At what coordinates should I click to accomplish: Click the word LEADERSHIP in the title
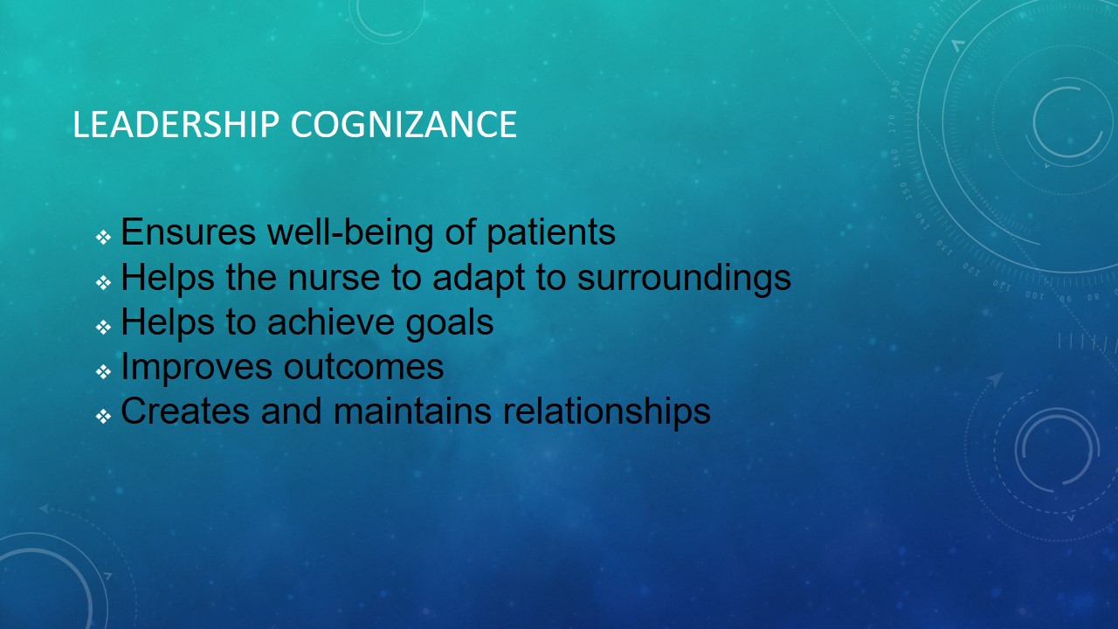pyautogui.click(x=176, y=124)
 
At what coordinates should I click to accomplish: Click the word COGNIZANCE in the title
pyautogui.click(x=404, y=124)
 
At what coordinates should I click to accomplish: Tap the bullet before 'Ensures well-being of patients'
pyautogui.click(x=103, y=237)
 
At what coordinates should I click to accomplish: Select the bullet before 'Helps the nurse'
pyautogui.click(x=103, y=282)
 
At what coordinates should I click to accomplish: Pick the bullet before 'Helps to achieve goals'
pyautogui.click(x=103, y=327)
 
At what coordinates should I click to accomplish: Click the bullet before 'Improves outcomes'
pyautogui.click(x=103, y=371)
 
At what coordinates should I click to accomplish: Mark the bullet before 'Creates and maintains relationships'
pyautogui.click(x=103, y=416)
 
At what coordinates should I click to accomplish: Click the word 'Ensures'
pyautogui.click(x=189, y=232)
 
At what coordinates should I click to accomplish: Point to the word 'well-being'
pyautogui.click(x=351, y=233)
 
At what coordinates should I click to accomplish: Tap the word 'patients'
pyautogui.click(x=551, y=233)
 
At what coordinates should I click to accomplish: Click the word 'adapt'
pyautogui.click(x=479, y=279)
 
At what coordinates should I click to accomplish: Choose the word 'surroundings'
pyautogui.click(x=684, y=279)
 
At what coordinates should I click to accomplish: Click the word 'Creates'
pyautogui.click(x=185, y=411)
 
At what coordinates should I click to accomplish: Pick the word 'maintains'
pyautogui.click(x=412, y=411)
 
